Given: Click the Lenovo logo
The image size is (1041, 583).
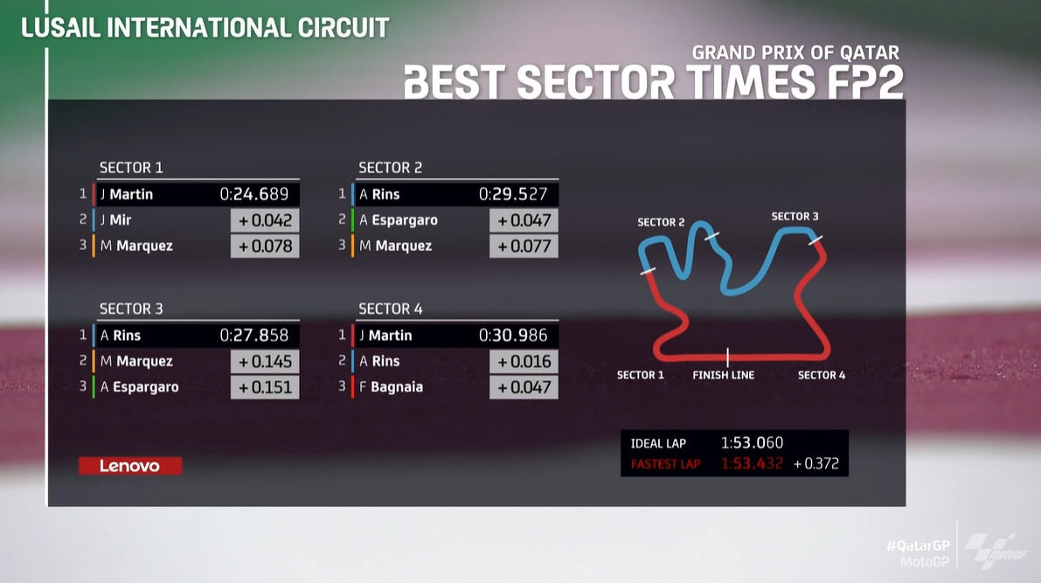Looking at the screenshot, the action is coord(130,466).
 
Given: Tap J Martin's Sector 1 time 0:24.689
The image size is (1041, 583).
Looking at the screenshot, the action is coord(254,194).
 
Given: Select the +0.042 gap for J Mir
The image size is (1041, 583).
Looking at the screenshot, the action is coord(265,220).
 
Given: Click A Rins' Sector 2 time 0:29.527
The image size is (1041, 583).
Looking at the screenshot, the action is coord(513,194).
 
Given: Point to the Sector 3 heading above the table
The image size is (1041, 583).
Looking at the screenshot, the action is coord(131,309).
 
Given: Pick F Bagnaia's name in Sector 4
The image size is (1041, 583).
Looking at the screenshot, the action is coord(391,387).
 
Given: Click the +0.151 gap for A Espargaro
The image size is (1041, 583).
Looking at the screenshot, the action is coord(265,388).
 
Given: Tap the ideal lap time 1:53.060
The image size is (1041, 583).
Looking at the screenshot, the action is coord(753,443).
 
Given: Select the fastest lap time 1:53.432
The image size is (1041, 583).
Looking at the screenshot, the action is coord(753,463).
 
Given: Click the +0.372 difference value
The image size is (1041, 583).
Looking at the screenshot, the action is coord(816,463).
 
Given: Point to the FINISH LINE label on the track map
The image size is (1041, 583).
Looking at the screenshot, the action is coord(723,375).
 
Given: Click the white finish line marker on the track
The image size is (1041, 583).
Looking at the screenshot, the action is coord(727,357).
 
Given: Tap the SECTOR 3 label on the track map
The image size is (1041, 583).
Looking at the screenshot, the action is coord(795,217).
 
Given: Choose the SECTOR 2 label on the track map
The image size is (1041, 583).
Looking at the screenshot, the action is coord(661,222).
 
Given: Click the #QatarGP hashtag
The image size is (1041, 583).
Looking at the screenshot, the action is coord(918,545).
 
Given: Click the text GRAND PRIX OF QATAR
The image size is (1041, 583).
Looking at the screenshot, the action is coord(795,52).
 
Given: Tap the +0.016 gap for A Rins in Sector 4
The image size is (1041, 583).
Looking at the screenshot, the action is coord(524,362).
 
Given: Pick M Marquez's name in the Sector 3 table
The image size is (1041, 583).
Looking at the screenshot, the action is coord(136,361).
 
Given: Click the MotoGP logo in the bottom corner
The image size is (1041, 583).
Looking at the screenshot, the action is coord(996,551).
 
